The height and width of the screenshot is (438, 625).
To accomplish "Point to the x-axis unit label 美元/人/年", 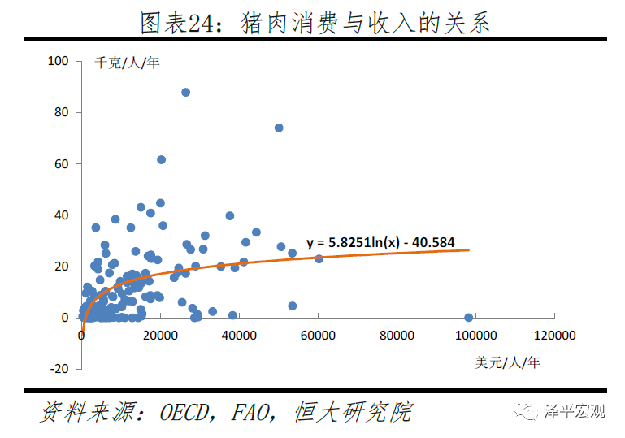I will pos(508,362).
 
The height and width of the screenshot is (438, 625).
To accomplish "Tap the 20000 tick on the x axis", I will pos(161,335).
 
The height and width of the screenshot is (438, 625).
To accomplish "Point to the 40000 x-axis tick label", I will pos(240,335).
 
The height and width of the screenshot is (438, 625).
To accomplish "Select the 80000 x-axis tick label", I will pos(397,335).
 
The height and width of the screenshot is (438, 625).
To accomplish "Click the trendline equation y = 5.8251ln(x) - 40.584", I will pos(380,242).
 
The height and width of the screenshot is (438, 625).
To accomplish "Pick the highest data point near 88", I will pos(185,93).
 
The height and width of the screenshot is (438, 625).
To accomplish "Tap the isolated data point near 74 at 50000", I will pos(279,128).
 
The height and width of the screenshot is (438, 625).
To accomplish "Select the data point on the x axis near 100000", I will pos(468,318).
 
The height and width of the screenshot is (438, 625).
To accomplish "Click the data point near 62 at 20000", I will pos(161,160).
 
